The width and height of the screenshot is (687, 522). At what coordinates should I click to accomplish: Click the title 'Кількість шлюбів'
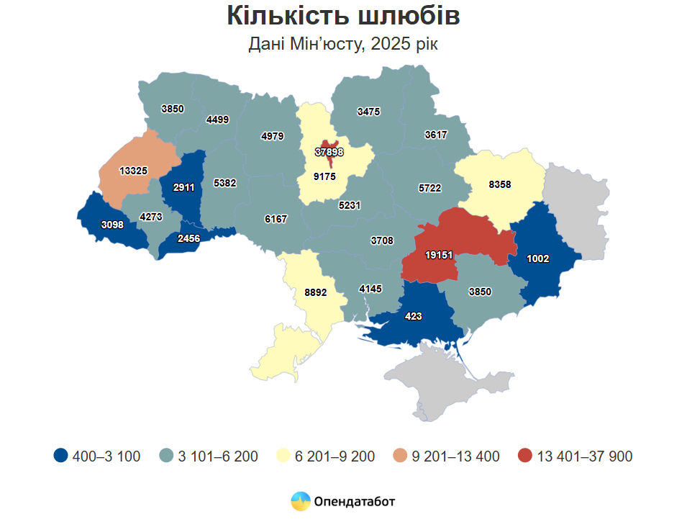click(343, 16)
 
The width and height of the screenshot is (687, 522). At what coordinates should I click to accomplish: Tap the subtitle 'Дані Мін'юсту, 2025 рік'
click(343, 44)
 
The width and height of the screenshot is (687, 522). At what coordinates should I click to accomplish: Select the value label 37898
click(329, 152)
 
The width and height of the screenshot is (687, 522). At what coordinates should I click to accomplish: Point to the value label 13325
click(134, 171)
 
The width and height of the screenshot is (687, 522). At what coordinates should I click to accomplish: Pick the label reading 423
click(414, 316)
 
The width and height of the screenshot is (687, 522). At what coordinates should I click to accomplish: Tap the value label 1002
click(538, 258)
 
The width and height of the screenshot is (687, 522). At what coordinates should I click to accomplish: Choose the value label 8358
click(499, 184)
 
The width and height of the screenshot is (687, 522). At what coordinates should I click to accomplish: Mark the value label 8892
click(317, 293)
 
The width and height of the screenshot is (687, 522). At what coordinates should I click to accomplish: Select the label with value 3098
click(112, 225)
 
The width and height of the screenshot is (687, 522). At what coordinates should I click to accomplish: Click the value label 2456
click(189, 238)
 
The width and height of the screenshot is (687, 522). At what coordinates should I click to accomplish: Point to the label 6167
click(276, 219)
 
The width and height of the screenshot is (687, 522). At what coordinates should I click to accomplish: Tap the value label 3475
click(368, 112)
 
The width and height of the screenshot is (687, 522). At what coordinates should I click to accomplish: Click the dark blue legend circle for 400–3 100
click(61, 456)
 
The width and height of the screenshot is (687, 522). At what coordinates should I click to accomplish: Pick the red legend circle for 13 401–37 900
click(525, 456)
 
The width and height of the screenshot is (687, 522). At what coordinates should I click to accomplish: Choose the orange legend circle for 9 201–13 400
click(400, 456)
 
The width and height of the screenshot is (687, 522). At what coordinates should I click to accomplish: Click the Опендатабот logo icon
click(300, 501)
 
